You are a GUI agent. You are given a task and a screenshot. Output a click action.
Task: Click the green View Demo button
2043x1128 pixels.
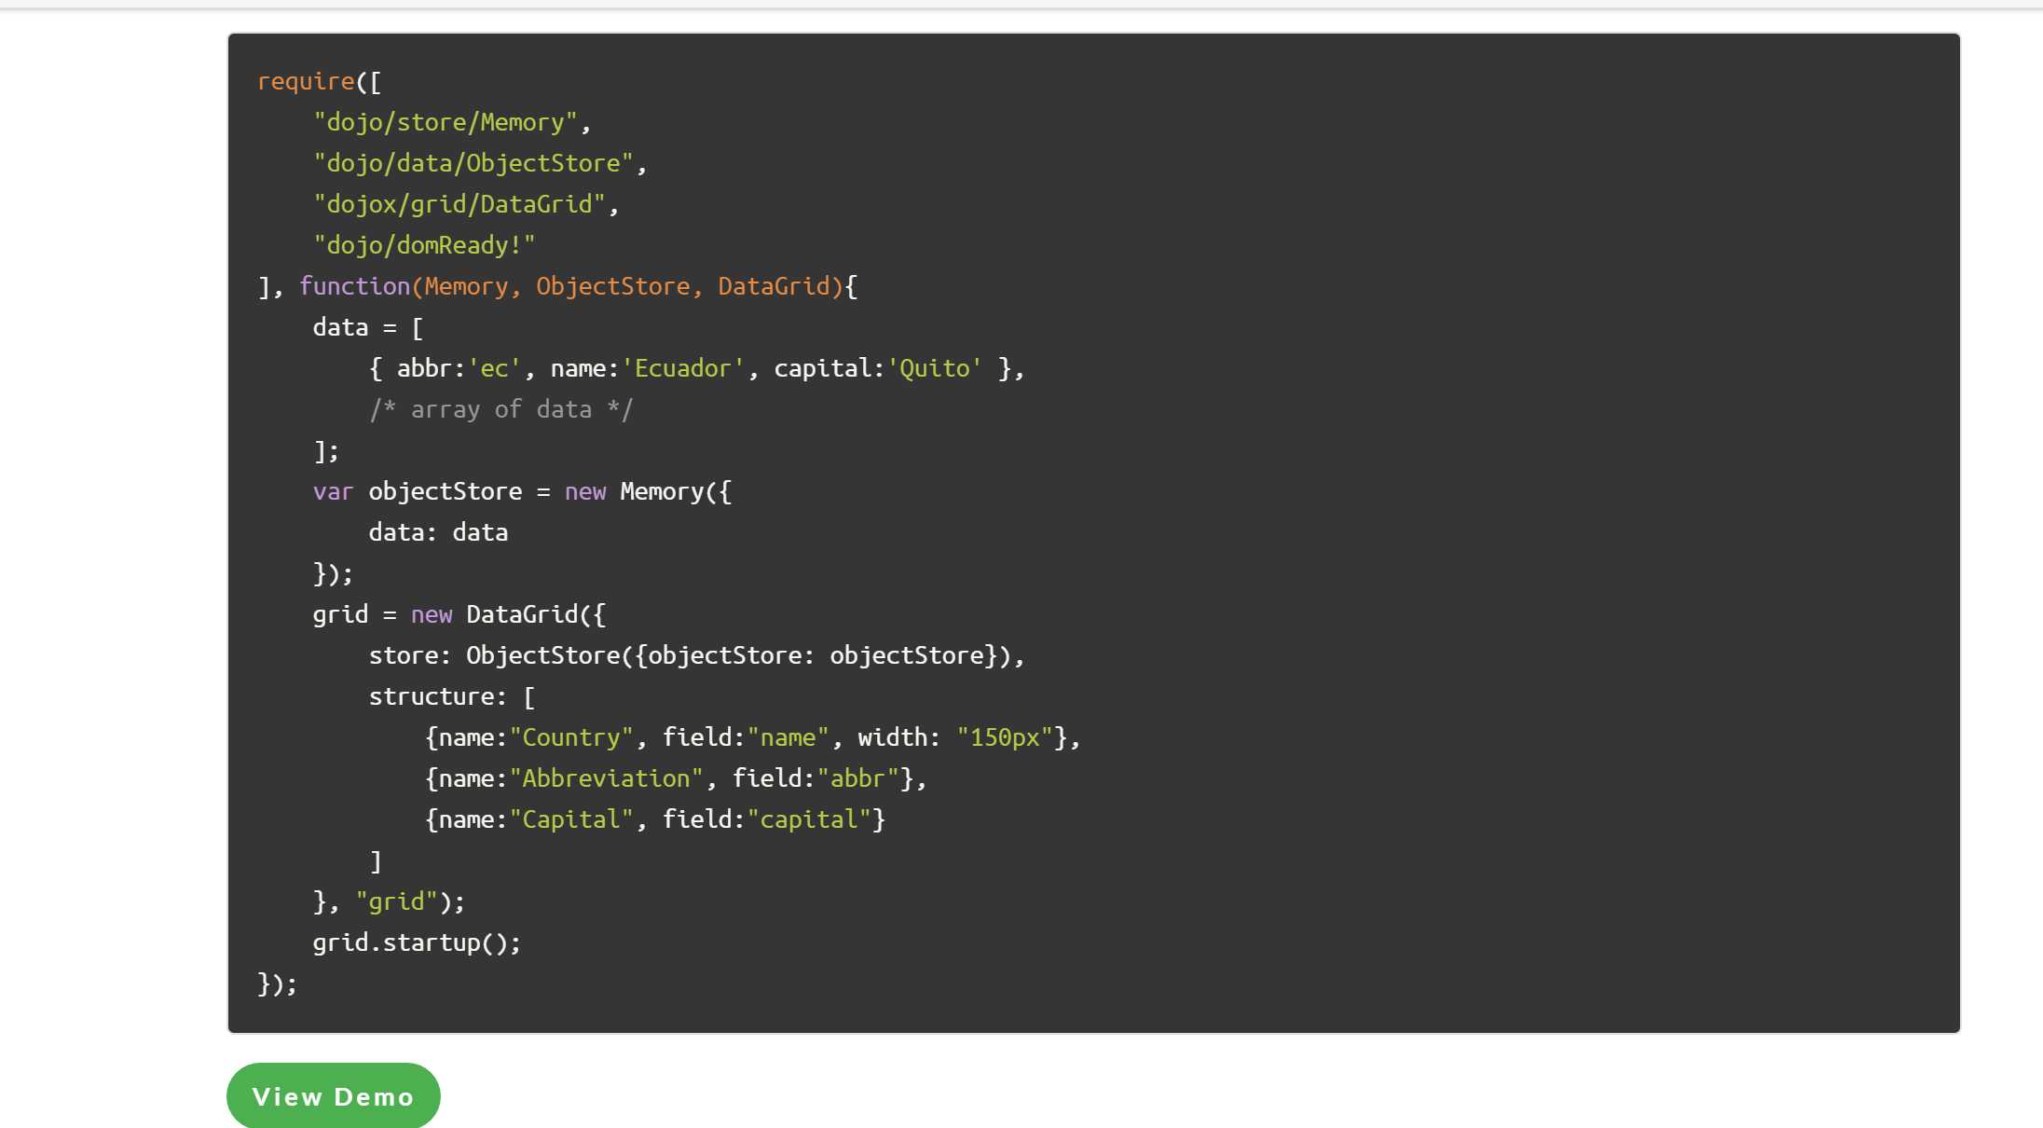[x=334, y=1096]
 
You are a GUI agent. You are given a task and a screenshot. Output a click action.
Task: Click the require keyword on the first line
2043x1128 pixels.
[x=306, y=82]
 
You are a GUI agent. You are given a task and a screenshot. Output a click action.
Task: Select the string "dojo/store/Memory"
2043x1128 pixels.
[x=446, y=122]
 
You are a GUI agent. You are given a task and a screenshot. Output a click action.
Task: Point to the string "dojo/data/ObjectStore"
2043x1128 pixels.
[x=473, y=163]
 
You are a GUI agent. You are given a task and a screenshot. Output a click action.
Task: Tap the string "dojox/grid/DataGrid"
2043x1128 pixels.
[x=459, y=204]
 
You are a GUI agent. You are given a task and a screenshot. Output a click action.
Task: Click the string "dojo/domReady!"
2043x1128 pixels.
[x=425, y=245]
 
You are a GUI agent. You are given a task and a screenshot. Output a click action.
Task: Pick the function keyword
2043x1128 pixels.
[x=355, y=286]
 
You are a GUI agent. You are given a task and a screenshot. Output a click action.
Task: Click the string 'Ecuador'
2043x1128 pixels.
[x=683, y=368]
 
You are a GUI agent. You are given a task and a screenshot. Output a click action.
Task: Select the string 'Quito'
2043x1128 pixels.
[x=935, y=368]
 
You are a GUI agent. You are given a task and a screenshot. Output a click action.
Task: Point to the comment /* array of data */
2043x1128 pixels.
[x=501, y=409]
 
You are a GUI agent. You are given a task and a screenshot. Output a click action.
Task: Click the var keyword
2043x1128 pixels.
[x=334, y=491]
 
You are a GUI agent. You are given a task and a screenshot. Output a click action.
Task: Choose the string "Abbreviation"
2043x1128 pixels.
[x=607, y=778]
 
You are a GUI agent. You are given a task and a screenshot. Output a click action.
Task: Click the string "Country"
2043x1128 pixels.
[x=571, y=737]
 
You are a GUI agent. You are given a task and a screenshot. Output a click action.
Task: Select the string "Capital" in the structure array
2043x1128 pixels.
[x=571, y=819]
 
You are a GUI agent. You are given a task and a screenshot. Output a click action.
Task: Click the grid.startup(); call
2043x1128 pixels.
[x=417, y=942]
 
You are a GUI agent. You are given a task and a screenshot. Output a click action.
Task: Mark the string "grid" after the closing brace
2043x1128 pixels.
[x=397, y=901]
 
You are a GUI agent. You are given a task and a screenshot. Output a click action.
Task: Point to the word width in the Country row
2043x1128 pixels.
[x=893, y=737]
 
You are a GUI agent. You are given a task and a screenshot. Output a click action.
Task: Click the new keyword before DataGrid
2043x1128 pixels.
[x=432, y=615]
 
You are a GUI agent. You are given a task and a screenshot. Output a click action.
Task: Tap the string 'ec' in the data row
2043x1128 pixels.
[x=494, y=368]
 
